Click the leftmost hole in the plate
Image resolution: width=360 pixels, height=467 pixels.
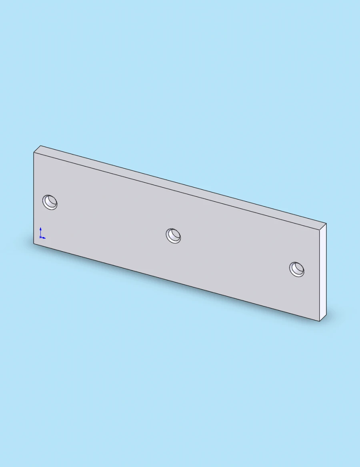[50, 202]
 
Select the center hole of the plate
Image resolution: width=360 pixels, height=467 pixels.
[174, 235]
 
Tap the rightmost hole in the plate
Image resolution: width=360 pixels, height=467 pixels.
[297, 269]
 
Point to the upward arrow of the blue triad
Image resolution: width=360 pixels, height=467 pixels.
[40, 229]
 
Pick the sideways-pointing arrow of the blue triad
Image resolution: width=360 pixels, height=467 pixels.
[44, 238]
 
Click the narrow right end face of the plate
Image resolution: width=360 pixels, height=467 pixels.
[323, 272]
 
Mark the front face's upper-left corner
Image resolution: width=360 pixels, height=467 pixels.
[34, 153]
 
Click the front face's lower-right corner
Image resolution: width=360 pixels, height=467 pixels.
[320, 321]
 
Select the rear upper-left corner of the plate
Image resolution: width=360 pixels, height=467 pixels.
[40, 146]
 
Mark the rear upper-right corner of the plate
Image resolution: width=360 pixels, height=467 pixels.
[326, 224]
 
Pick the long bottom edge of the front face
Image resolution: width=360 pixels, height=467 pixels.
[176, 282]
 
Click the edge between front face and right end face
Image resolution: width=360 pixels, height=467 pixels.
[320, 276]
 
